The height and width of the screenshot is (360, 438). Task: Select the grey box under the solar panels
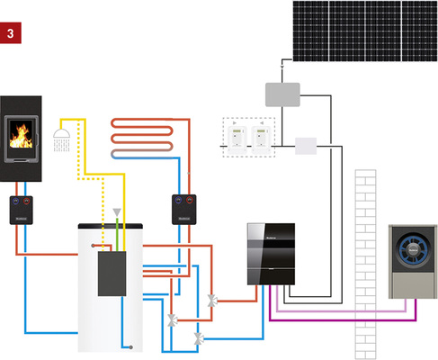282,93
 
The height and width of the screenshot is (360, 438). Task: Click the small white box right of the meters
307,146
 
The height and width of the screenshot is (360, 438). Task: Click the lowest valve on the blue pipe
199,337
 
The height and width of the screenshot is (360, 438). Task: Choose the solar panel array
362,30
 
